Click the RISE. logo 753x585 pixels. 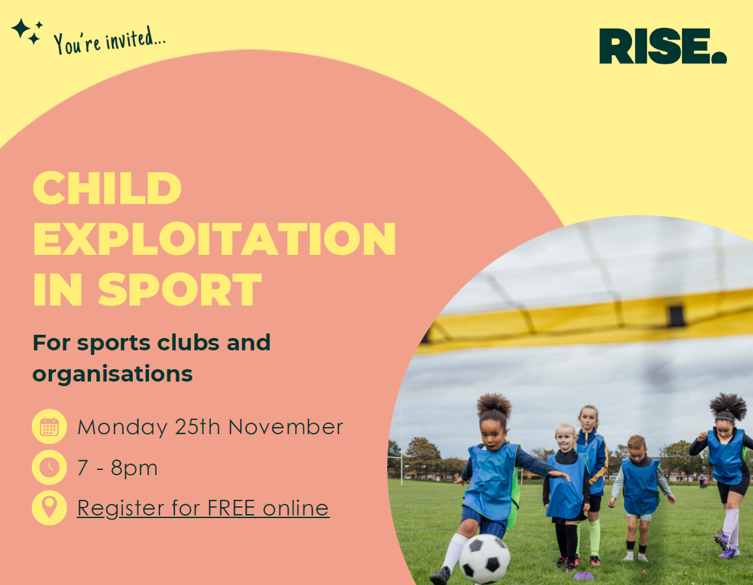(662, 46)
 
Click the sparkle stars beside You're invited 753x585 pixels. (27, 31)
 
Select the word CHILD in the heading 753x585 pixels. (107, 188)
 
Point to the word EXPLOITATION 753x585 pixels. (214, 239)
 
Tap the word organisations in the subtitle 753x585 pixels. (113, 374)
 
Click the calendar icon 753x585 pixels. (49, 427)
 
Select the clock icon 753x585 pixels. (49, 467)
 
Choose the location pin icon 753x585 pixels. (49, 508)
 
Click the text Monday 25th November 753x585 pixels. (210, 427)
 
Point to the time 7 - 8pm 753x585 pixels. (117, 467)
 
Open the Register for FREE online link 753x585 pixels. (203, 508)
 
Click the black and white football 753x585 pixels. (485, 558)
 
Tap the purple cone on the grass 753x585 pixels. (584, 575)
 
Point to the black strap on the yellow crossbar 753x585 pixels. (676, 316)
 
